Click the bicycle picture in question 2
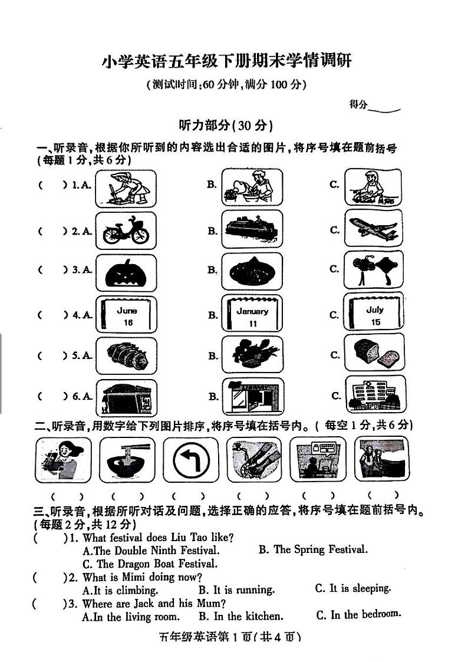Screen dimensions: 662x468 (126, 230)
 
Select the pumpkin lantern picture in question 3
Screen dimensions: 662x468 (126, 273)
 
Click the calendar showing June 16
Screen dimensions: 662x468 (126, 315)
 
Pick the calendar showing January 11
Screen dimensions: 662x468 (252, 315)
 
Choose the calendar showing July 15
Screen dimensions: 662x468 (374, 312)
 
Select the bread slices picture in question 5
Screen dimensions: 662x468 (374, 355)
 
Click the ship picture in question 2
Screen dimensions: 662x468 (252, 230)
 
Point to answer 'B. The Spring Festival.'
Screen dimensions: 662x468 (312, 549)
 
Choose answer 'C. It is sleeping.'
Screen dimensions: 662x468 (352, 588)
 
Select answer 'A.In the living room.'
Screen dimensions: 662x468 (131, 617)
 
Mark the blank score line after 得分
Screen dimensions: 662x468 (384, 106)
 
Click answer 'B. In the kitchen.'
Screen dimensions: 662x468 (240, 617)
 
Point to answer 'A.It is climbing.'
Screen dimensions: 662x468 (120, 590)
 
